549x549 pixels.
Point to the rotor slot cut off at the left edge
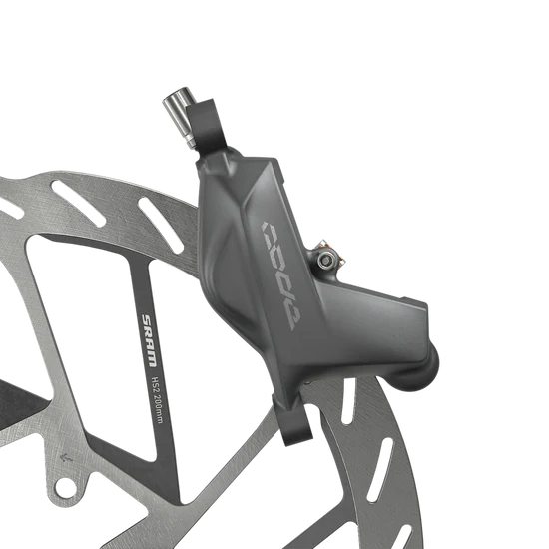[10, 209]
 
